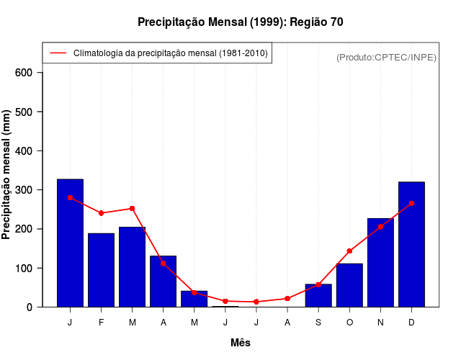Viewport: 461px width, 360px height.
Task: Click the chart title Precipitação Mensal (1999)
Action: click(x=240, y=22)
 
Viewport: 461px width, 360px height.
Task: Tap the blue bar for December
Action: click(x=411, y=245)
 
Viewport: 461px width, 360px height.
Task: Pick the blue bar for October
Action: click(x=349, y=285)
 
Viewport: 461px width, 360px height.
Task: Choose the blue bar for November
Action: click(x=380, y=263)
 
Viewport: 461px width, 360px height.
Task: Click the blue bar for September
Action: click(x=318, y=296)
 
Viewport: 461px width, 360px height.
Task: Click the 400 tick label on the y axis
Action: click(x=24, y=151)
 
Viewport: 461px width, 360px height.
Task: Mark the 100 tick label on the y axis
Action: click(x=24, y=269)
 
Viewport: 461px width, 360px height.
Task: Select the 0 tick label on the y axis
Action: click(x=30, y=307)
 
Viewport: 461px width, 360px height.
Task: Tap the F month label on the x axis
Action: click(x=101, y=323)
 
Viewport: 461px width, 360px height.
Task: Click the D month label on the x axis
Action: click(x=411, y=323)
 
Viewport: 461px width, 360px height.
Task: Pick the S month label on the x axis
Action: click(x=318, y=323)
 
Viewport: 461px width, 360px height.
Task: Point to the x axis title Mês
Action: click(x=241, y=343)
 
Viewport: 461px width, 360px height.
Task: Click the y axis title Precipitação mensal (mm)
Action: click(x=8, y=175)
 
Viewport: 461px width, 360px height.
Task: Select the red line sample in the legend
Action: click(x=58, y=53)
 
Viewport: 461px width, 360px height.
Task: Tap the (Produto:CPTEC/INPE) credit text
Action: click(x=386, y=58)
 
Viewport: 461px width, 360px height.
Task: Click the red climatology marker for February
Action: click(x=101, y=213)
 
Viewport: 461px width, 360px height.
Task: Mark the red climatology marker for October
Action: click(x=349, y=251)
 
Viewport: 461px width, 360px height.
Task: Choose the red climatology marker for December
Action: click(x=411, y=204)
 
